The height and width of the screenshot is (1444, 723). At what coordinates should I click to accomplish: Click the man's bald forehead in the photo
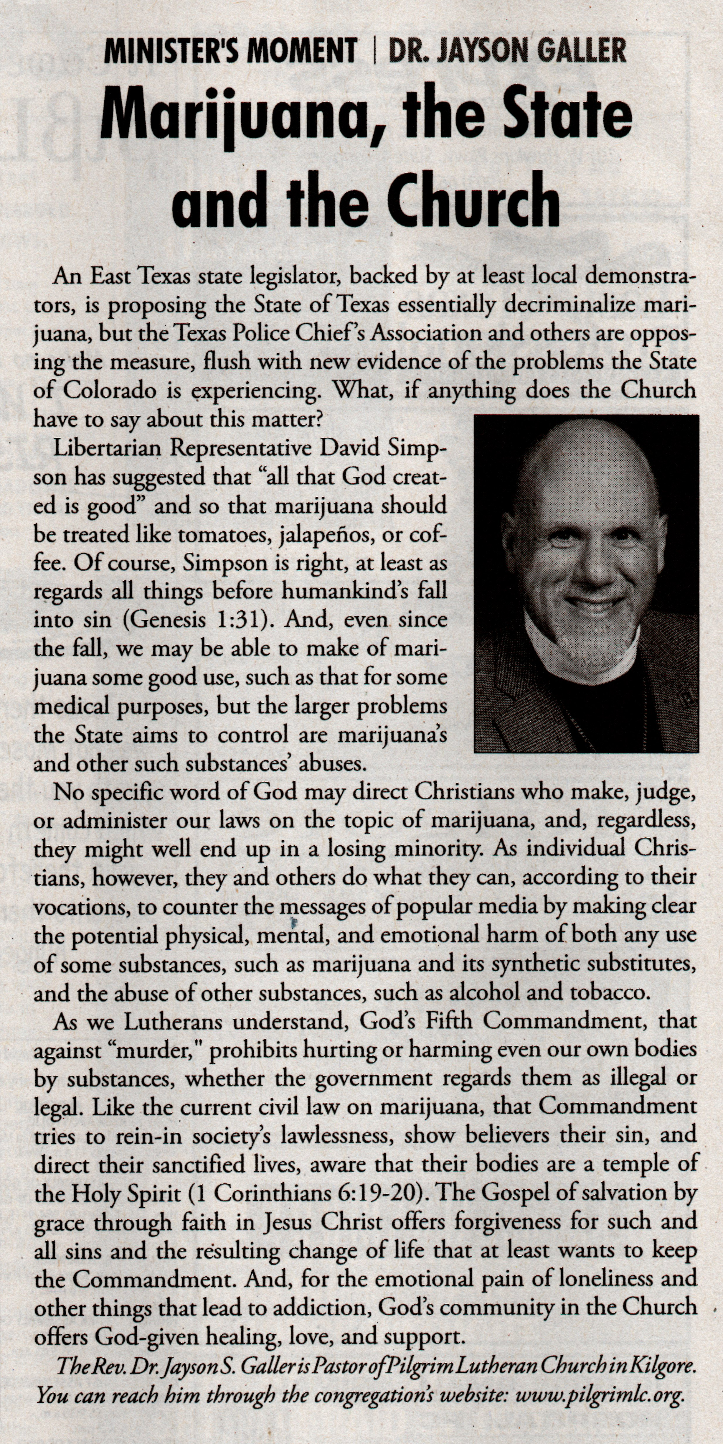583,477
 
